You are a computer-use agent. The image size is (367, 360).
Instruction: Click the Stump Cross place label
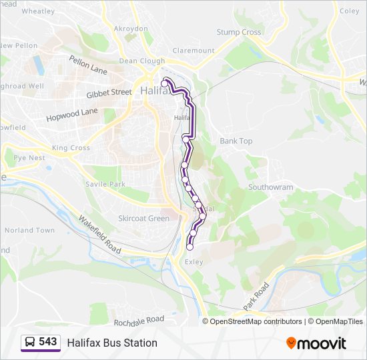pos(238,32)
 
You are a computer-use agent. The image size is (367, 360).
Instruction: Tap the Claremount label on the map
pos(194,50)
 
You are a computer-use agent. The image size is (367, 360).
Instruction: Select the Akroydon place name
pos(131,29)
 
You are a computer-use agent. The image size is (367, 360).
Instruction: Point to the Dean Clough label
pos(141,61)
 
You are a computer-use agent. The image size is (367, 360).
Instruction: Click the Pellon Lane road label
pos(88,65)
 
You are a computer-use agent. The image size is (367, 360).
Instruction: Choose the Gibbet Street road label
pos(109,93)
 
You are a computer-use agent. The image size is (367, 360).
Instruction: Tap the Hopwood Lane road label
pos(72,115)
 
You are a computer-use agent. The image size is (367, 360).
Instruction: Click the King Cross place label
pos(71,147)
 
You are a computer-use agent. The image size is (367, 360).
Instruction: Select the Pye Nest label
pos(29,158)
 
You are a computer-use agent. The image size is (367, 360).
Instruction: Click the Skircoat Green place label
pos(143,218)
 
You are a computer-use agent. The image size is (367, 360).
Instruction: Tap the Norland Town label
pos(29,230)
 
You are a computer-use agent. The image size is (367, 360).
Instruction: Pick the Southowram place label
pos(270,187)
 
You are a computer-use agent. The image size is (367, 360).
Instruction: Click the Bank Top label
pos(236,141)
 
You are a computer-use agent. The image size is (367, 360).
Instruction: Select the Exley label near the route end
pos(194,263)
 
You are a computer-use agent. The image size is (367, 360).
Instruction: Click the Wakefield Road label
pos(99,234)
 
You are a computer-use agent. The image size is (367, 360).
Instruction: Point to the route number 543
pos(47,342)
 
